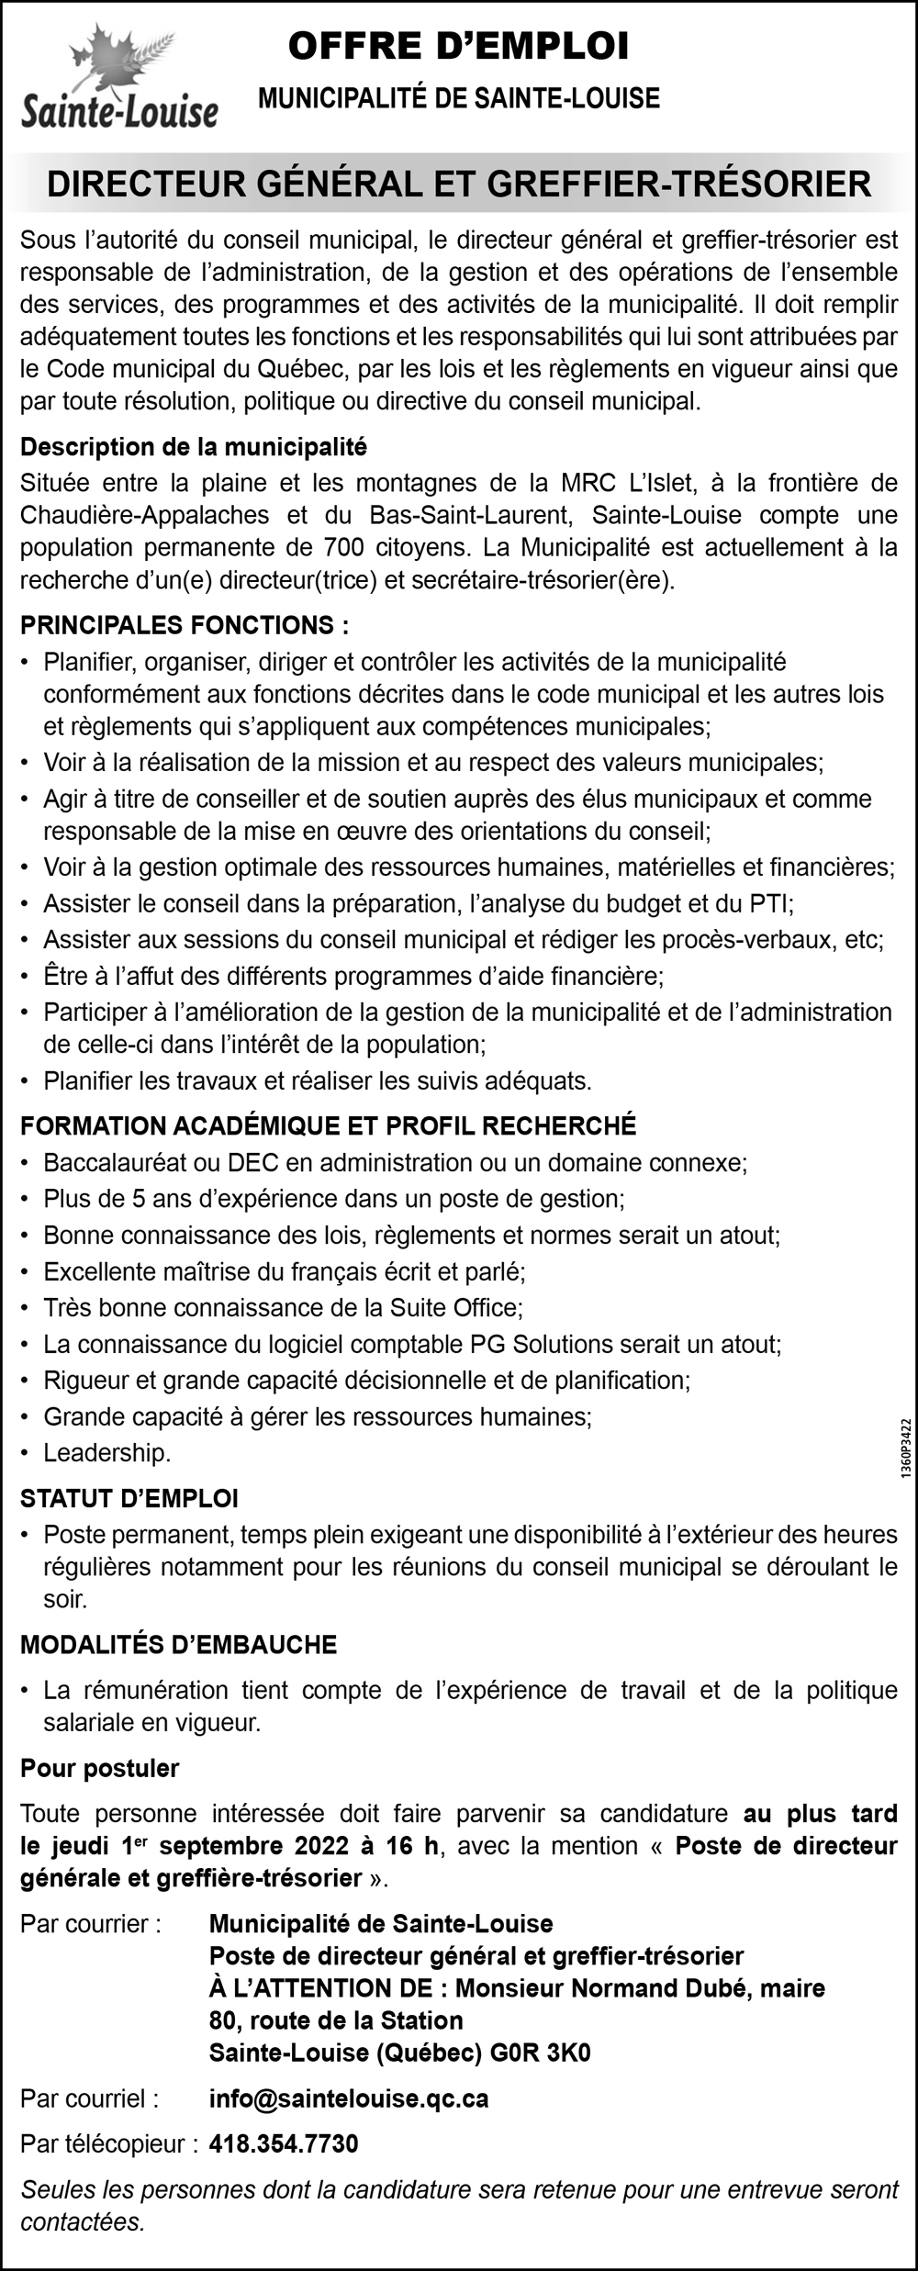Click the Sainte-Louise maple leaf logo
119,78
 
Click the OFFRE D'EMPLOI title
459,47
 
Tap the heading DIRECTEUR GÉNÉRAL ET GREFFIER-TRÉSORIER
459,184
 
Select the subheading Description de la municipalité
194,447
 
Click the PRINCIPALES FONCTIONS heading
185,626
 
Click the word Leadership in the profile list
107,1452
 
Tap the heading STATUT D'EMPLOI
129,1499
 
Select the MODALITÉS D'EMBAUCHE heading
179,1644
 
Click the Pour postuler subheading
100,1768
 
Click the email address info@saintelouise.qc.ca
349,2098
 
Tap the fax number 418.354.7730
284,2143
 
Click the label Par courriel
89,2098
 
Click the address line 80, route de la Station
336,2020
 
